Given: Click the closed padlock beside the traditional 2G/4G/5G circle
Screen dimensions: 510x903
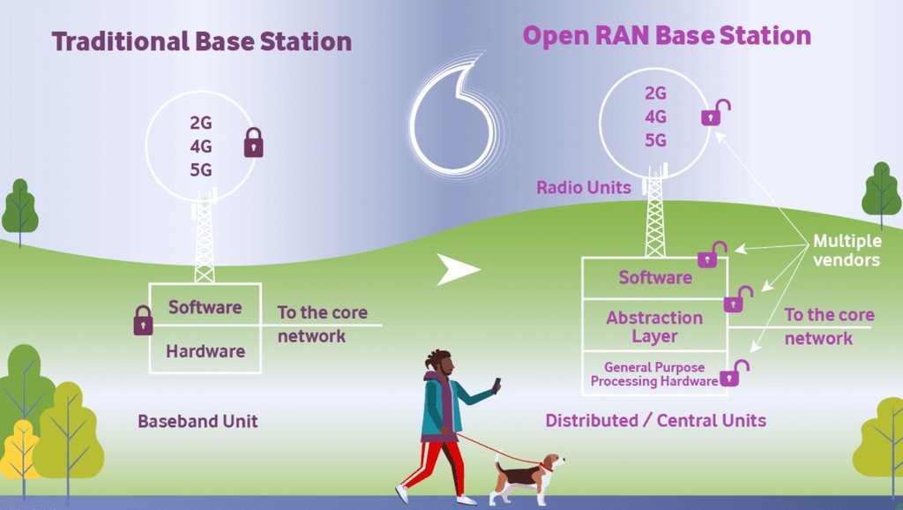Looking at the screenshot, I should tap(253, 142).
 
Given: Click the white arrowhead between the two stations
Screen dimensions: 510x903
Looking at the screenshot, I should tap(458, 270).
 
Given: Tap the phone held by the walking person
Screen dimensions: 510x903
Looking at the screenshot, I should tap(496, 385).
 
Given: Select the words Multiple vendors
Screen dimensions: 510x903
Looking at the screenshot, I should tap(846, 251).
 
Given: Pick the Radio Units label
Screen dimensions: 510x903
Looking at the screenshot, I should tap(584, 187).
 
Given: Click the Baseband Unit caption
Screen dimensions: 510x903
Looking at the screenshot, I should tap(198, 421).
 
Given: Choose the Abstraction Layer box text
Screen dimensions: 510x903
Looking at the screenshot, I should tap(654, 326).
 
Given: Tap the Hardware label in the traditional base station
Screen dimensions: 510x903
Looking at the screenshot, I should tap(205, 351).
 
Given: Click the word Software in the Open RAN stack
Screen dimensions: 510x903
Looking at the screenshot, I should tap(655, 278).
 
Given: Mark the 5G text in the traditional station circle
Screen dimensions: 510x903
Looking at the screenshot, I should tap(201, 170).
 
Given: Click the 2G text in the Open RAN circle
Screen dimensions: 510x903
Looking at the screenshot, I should tap(655, 94).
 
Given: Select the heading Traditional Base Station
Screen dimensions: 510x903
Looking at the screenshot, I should tap(201, 41).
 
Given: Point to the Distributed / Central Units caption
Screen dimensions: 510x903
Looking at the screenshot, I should tap(655, 420).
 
